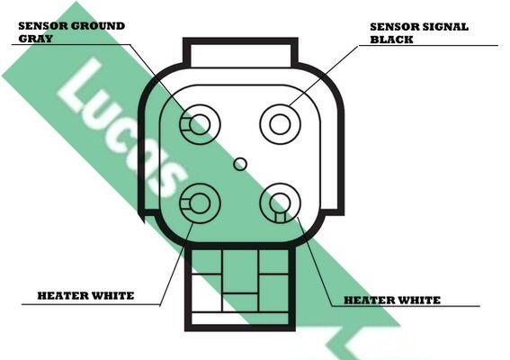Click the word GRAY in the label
pyautogui.click(x=35, y=39)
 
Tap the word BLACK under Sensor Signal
pyautogui.click(x=391, y=40)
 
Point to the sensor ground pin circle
pyautogui.click(x=200, y=124)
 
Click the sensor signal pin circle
pyautogui.click(x=280, y=124)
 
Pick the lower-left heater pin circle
pyautogui.click(x=200, y=203)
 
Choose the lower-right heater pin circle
pyautogui.click(x=280, y=203)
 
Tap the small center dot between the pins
pyautogui.click(x=240, y=164)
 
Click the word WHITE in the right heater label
pyautogui.click(x=419, y=300)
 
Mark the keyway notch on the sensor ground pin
pyautogui.click(x=185, y=124)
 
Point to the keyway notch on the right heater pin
pyautogui.click(x=280, y=217)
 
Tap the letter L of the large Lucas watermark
pyautogui.click(x=80, y=85)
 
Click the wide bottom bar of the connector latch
pyautogui.click(x=240, y=319)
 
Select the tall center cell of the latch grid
pyautogui.click(x=240, y=271)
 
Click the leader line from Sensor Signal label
pyautogui.click(x=324, y=76)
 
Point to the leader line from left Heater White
pyautogui.click(x=176, y=264)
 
